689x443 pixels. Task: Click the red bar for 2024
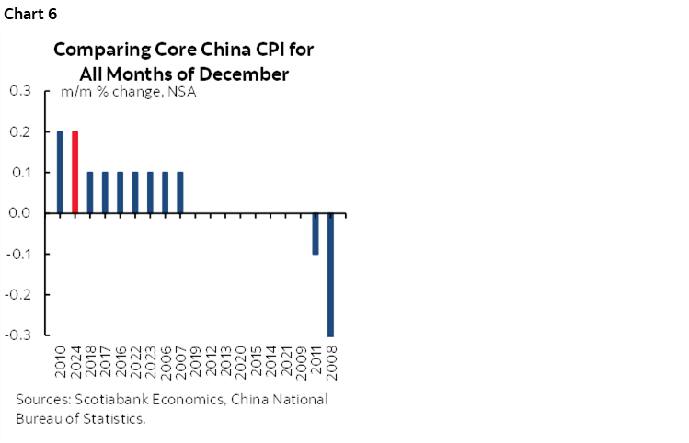click(75, 172)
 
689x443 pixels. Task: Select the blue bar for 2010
click(60, 172)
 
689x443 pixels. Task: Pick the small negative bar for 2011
click(316, 233)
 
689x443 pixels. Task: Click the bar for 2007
click(180, 192)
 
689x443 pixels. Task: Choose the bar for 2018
click(90, 192)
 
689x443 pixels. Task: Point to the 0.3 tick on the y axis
click(19, 91)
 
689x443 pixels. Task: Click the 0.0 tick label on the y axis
click(19, 213)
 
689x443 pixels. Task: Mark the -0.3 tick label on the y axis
click(17, 335)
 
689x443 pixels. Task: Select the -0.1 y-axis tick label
click(17, 255)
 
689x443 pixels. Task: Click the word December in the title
click(248, 73)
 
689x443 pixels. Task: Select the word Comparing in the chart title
click(94, 51)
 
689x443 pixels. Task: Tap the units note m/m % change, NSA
click(128, 92)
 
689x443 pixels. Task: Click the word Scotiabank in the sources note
click(116, 400)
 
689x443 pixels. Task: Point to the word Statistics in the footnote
click(116, 418)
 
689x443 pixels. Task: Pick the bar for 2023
click(150, 192)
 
